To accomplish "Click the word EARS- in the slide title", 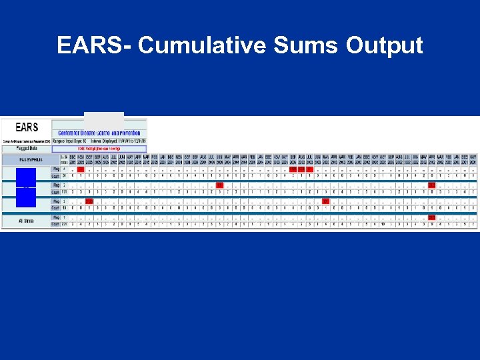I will pyautogui.click(x=95, y=45).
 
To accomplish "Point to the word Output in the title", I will pyautogui.click(x=385, y=45).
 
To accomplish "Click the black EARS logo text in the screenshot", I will pyautogui.click(x=27, y=127).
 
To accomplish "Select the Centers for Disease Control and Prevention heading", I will pyautogui.click(x=99, y=133).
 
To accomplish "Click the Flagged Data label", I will pyautogui.click(x=27, y=149).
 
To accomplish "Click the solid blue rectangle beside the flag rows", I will pyautogui.click(x=26, y=188).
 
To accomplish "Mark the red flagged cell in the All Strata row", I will pyautogui.click(x=431, y=217).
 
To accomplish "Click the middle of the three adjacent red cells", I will pyautogui.click(x=301, y=169).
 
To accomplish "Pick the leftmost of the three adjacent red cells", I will pyautogui.click(x=293, y=169).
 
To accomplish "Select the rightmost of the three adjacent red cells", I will pyautogui.click(x=309, y=169).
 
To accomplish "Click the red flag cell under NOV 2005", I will pyautogui.click(x=80, y=169).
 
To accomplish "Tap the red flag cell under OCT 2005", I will pyautogui.click(x=89, y=201).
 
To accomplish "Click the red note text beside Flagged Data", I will pyautogui.click(x=100, y=149).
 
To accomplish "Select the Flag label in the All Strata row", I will pyautogui.click(x=56, y=217).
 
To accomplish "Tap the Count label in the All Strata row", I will pyautogui.click(x=56, y=224).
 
